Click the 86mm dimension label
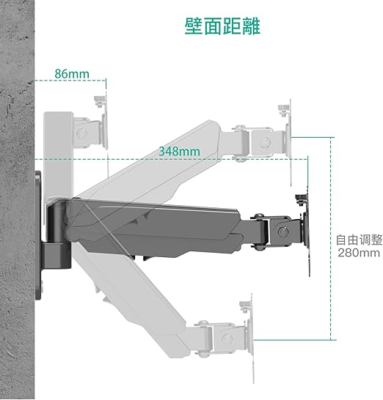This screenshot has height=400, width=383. coord(72,74)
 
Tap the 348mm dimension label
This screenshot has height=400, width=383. coord(179,152)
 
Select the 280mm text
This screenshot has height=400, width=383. coord(359,253)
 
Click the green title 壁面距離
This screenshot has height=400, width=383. coord(222,26)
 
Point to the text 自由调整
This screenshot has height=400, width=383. coord(359,240)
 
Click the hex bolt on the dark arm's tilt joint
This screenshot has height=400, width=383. coord(283,232)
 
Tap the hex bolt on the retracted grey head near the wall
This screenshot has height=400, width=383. coord(81,133)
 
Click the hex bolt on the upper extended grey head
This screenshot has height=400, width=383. coord(265,142)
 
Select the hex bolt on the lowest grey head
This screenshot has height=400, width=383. coord(227,338)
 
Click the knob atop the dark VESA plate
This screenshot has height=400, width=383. coord(301,199)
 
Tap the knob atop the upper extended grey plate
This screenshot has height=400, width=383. coord(283,110)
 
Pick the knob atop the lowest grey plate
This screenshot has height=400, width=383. coord(245,306)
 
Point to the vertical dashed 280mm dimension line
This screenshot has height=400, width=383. coord(332,239)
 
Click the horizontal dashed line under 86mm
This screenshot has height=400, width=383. coord(70,81)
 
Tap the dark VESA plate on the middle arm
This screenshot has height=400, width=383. coord(307,231)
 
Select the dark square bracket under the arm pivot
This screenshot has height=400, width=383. coord(56,255)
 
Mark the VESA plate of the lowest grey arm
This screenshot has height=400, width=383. coord(251,339)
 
